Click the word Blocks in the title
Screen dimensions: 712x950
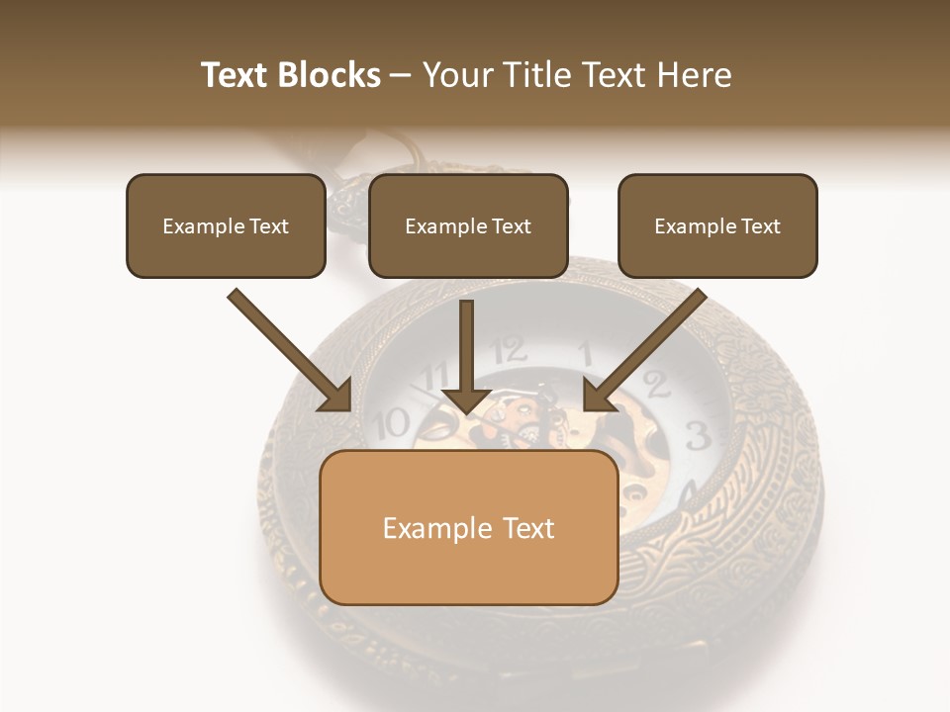330,75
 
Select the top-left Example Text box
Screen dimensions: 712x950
226,226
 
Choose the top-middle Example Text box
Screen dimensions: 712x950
468,226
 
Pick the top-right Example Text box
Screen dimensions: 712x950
717,226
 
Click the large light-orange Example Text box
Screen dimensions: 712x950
469,528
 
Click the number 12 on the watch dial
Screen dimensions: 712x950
509,348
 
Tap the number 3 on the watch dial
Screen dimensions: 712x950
696,434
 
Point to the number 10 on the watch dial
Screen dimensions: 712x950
393,423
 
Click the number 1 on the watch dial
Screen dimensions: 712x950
585,352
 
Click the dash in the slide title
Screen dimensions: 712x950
401,75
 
